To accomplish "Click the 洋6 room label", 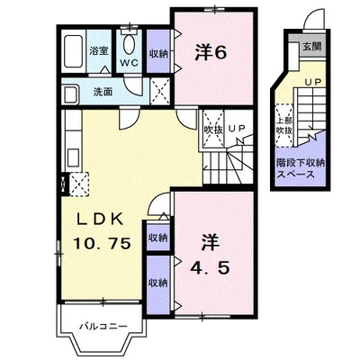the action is point(211,52).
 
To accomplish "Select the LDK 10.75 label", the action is point(102,231).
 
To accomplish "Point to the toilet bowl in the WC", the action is point(130,44).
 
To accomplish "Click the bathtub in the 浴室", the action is point(74,51).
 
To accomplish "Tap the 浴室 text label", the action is point(99,50).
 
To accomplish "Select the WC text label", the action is point(130,63).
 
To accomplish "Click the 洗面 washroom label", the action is point(103,92).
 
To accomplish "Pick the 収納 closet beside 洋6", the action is point(158,54).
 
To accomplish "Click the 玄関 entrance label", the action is point(311,46).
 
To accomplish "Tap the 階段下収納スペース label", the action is point(301,168).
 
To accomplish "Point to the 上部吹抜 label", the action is point(284,125).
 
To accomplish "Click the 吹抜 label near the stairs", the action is point(213,130).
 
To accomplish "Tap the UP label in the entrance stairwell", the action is point(313,81).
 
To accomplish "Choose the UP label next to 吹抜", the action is point(238,129).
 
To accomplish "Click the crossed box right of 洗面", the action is point(160,91).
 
